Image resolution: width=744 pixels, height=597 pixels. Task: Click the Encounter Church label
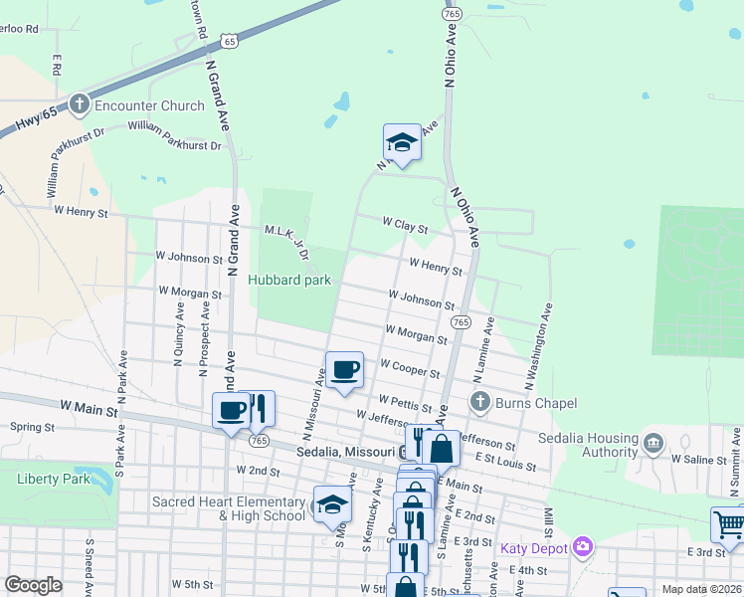(x=148, y=104)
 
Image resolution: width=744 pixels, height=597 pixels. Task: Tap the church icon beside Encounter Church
(x=81, y=104)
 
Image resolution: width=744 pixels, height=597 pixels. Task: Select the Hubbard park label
(x=288, y=280)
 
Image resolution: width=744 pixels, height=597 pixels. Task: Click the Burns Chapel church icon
(x=480, y=402)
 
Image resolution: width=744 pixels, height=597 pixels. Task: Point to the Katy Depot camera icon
(x=583, y=546)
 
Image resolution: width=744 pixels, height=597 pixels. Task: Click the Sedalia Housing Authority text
(x=588, y=445)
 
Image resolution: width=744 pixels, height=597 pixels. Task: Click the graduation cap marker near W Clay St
(x=402, y=142)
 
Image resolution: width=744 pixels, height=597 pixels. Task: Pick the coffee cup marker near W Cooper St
(x=344, y=371)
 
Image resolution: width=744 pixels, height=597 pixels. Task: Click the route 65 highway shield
(x=231, y=41)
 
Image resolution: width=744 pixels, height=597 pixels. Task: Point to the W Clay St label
(x=406, y=228)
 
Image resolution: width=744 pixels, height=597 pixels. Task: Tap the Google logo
(x=33, y=585)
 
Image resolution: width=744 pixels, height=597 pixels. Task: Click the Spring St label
(x=32, y=427)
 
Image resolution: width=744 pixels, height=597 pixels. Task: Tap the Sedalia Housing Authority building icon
(x=653, y=442)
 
